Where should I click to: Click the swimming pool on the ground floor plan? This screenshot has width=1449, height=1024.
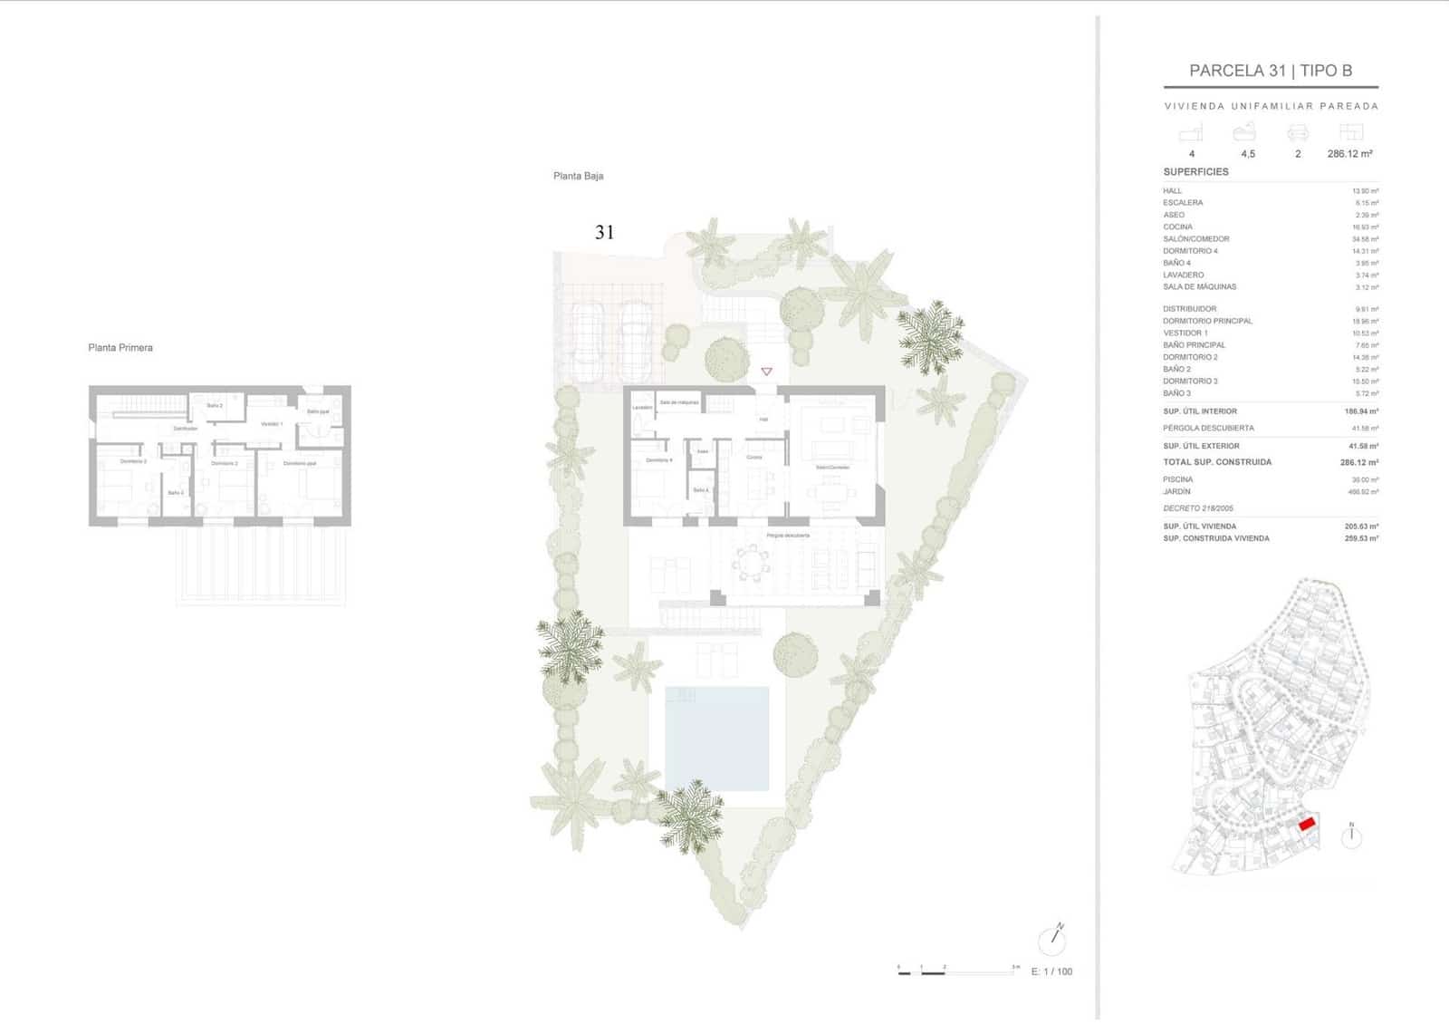tap(716, 739)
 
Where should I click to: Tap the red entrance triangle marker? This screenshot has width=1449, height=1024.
tap(767, 372)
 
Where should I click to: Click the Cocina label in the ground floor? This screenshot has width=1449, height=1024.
tap(754, 458)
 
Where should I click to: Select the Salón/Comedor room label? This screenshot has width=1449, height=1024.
tap(832, 468)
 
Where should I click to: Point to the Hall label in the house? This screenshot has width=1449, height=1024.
tap(763, 420)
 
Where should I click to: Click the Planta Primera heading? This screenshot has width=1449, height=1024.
tap(120, 348)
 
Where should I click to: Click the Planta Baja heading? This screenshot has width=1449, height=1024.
tap(578, 176)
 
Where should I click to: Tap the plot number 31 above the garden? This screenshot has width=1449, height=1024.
tap(604, 233)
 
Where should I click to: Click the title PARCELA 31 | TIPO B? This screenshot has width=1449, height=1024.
tap(1270, 71)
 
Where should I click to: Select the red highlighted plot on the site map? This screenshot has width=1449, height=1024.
tap(1307, 824)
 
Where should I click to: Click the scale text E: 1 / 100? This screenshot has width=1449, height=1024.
tap(1051, 971)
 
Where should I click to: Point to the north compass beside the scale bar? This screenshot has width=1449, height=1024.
tap(1052, 940)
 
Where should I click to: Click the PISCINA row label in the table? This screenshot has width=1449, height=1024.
tap(1177, 479)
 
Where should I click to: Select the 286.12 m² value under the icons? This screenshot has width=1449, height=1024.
tap(1349, 154)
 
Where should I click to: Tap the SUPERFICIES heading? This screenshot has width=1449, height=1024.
tap(1195, 172)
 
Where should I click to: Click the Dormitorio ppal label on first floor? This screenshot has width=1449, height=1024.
tap(299, 463)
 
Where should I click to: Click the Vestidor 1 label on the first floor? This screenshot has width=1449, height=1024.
tap(272, 424)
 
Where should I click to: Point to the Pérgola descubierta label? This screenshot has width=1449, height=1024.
tap(787, 536)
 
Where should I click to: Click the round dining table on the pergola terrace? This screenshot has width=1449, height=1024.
tap(750, 565)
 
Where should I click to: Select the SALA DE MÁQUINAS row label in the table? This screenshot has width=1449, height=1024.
tap(1199, 287)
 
